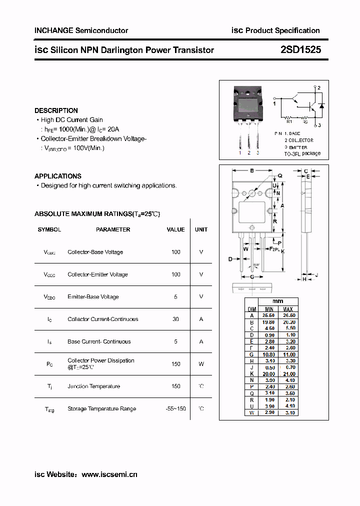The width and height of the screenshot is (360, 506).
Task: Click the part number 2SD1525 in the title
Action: pos(301,49)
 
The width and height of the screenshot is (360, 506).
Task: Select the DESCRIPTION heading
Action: pos(56,110)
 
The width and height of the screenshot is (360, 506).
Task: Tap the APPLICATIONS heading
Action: pos(58,176)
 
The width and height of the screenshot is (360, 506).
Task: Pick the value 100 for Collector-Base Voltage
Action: pos(176,252)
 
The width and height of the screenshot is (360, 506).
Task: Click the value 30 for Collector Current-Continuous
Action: pos(175,319)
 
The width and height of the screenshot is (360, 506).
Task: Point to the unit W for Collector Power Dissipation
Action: pos(201,364)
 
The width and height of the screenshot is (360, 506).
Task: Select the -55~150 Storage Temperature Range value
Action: pos(175,408)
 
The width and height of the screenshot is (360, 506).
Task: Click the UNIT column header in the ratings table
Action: pos(201,229)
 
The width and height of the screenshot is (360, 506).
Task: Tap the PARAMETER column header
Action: pos(113,229)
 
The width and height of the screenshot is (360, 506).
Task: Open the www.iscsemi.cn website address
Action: pos(109,474)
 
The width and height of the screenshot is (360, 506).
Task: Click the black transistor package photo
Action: pos(248,103)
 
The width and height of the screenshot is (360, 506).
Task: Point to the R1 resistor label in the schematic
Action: pos(289,121)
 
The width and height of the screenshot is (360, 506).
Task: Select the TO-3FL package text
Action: pos(302,154)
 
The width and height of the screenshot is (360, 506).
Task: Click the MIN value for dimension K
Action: pos(268,374)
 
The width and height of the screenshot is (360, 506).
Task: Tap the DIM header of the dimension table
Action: pos(252,309)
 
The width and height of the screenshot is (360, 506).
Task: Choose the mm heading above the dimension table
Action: pos(278,301)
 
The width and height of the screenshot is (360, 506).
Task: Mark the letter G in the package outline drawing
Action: pos(252,276)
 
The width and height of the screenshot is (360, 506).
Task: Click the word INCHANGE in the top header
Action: pos(54,30)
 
